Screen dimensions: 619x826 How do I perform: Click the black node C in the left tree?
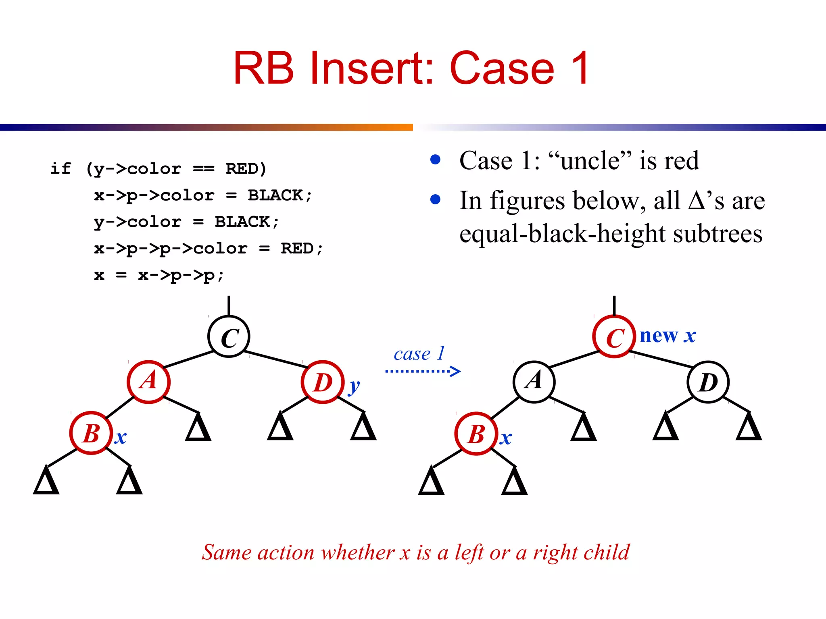(229, 337)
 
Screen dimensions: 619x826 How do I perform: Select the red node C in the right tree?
(614, 337)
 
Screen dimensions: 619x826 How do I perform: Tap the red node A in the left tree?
(148, 382)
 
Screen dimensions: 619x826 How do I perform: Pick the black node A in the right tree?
(534, 382)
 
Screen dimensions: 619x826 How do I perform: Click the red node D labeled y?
(323, 382)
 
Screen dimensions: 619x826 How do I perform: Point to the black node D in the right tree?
(708, 382)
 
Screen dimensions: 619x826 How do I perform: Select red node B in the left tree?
(91, 433)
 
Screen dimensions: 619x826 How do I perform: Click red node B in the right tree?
(476, 434)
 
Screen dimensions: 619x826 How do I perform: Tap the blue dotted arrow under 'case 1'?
(423, 371)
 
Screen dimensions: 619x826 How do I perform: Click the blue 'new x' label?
(667, 336)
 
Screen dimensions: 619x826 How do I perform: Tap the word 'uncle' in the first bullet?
(590, 161)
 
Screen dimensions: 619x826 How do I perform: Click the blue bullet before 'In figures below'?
(435, 199)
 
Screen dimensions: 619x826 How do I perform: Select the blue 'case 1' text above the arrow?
(419, 354)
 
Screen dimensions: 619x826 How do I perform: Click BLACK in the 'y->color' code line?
(242, 222)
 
